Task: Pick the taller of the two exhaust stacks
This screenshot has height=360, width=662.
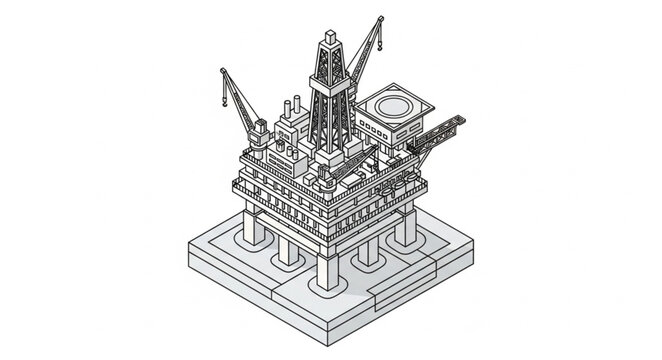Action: pos(296,108)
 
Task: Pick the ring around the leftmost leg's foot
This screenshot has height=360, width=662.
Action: pos(254,249)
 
